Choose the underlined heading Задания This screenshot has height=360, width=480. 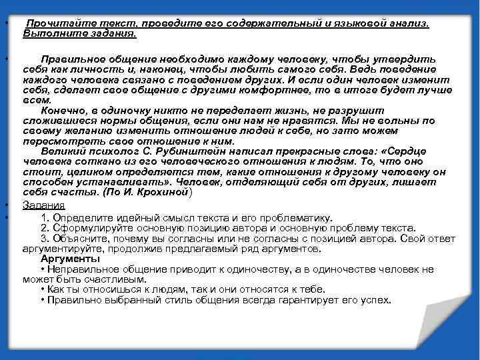(x=43, y=204)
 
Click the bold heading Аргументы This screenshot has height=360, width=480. (x=70, y=258)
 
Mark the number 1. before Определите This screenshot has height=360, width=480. (x=45, y=217)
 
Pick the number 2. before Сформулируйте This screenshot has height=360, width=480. (x=45, y=227)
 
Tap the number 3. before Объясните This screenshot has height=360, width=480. (x=45, y=238)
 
